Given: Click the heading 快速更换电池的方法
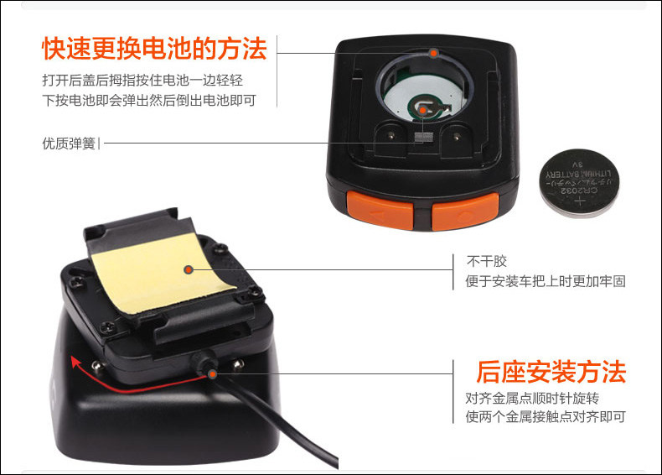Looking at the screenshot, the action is [154, 49].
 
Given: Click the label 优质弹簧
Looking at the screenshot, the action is [69, 144].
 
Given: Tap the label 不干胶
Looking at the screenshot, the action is [487, 261].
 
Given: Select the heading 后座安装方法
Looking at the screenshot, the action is [551, 372].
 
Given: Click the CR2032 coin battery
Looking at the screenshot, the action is [580, 183].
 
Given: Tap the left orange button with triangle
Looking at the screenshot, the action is [380, 210].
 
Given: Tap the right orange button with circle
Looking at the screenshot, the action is [465, 211].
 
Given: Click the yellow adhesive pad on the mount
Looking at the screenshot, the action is [163, 273].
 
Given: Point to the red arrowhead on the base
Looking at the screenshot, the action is [76, 363].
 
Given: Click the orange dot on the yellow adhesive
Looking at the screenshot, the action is [189, 269].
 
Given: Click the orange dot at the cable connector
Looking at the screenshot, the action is [212, 374].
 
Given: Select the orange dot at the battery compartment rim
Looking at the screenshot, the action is [433, 54].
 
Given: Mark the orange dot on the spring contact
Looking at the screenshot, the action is [422, 110].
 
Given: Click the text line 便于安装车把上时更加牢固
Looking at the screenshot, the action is [546, 281].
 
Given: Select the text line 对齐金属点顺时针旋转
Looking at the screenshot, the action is [532, 398].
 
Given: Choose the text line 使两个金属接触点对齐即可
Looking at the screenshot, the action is [546, 416].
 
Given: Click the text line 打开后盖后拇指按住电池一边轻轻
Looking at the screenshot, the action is [142, 81].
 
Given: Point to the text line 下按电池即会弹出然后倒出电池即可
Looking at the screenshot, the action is [149, 100].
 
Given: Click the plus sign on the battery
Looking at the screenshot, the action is [580, 201].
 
